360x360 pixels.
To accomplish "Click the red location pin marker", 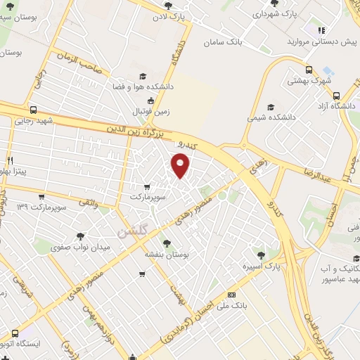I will coord(181,166).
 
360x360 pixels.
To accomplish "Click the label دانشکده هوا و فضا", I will coord(140,87).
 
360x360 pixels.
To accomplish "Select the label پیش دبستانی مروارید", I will coord(319,42).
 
